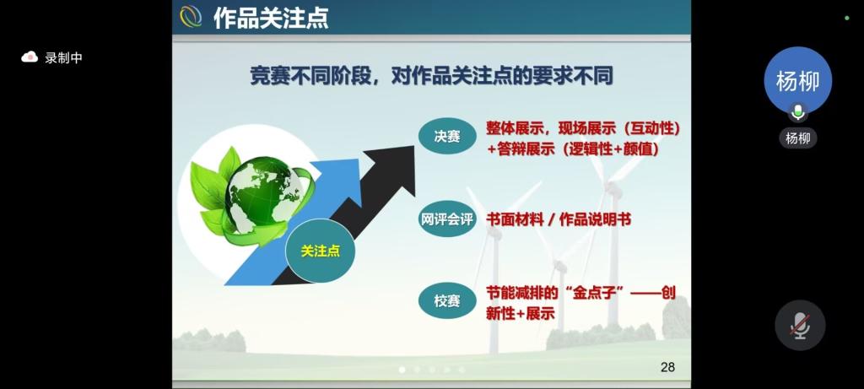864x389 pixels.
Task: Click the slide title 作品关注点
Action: pos(271,18)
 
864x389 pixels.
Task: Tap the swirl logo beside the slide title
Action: pos(191,17)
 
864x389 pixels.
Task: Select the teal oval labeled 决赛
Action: pos(447,136)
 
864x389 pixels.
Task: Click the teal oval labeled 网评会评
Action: pos(447,219)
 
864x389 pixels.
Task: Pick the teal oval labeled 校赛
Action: pos(447,301)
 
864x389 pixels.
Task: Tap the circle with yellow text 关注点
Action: pos(320,251)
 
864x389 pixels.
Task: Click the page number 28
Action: pos(668,367)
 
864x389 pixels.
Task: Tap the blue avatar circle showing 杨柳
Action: pos(797,80)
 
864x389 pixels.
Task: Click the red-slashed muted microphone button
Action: pos(800,325)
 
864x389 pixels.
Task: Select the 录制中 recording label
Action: pos(63,58)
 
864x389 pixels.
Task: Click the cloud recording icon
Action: pos(30,57)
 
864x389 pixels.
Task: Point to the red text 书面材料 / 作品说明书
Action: pos(559,220)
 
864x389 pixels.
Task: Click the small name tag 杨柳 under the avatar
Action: pos(798,138)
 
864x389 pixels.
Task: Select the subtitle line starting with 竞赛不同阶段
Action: pos(431,77)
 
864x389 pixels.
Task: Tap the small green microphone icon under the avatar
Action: pos(797,112)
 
